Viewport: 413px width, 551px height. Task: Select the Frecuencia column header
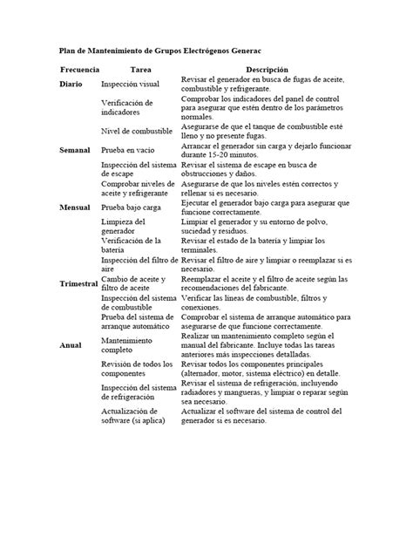pos(81,69)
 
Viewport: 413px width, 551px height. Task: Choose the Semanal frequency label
pos(76,151)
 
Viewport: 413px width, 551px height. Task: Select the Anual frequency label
pos(71,345)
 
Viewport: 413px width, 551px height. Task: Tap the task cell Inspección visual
pos(131,85)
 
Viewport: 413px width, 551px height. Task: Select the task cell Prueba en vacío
pos(132,151)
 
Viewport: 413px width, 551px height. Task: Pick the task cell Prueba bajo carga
pos(138,209)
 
